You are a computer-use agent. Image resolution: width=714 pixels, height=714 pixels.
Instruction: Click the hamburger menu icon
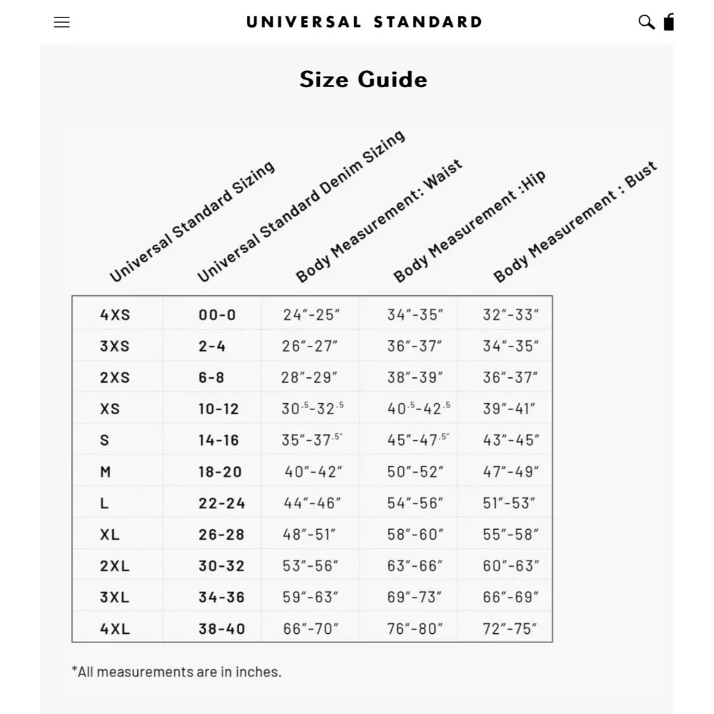(x=61, y=22)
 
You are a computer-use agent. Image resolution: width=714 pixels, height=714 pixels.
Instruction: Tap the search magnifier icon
(x=646, y=22)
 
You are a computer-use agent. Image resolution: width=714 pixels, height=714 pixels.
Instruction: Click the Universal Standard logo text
(x=363, y=22)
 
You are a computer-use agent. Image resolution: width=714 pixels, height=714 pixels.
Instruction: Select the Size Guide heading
(x=363, y=79)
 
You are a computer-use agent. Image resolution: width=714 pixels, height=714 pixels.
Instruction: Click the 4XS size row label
(x=115, y=314)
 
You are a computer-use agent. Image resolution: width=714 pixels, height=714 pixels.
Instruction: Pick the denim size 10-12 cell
(x=218, y=409)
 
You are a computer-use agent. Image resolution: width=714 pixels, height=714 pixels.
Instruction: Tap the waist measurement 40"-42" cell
(x=313, y=471)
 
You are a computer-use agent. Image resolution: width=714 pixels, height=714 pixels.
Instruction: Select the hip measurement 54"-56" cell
(x=416, y=503)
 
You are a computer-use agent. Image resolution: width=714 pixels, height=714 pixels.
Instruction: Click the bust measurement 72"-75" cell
(x=510, y=628)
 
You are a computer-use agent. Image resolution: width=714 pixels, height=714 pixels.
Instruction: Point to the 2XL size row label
(x=115, y=565)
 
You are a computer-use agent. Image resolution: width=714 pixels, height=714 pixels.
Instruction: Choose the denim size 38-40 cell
(x=222, y=628)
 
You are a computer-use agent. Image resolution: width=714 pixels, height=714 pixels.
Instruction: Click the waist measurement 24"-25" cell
(x=312, y=314)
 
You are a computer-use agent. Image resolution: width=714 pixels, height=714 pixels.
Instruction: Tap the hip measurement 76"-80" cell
(x=416, y=628)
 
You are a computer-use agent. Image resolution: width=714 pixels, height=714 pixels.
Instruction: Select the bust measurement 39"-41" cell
(x=510, y=409)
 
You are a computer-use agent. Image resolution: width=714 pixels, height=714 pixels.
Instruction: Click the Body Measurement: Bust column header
(x=575, y=222)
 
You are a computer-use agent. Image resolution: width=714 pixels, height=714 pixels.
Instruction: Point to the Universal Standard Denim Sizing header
(x=301, y=206)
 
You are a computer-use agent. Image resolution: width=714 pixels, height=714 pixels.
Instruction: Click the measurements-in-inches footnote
(x=176, y=672)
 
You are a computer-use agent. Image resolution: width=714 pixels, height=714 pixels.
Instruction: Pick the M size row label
(x=105, y=471)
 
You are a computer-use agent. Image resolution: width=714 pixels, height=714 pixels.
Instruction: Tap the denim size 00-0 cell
(x=217, y=314)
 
